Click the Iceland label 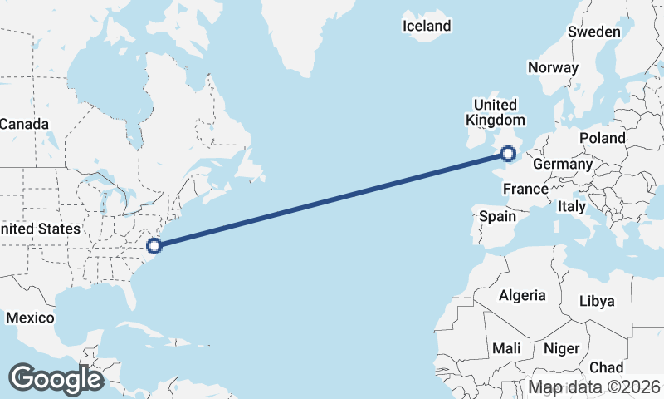(x=427, y=26)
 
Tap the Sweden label (x=594, y=32)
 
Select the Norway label (x=552, y=68)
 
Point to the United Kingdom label (x=495, y=112)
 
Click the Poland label (x=602, y=138)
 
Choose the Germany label (x=562, y=165)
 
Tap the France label (x=525, y=190)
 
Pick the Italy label (x=571, y=206)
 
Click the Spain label (x=498, y=217)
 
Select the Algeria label (x=522, y=295)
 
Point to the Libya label (x=597, y=301)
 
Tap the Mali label (x=506, y=349)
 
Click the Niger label (x=562, y=349)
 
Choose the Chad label (x=606, y=367)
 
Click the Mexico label (x=30, y=318)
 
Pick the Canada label (x=24, y=124)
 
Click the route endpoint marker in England (x=508, y=153)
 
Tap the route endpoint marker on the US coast (x=154, y=245)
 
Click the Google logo (x=56, y=379)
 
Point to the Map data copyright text (x=594, y=387)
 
